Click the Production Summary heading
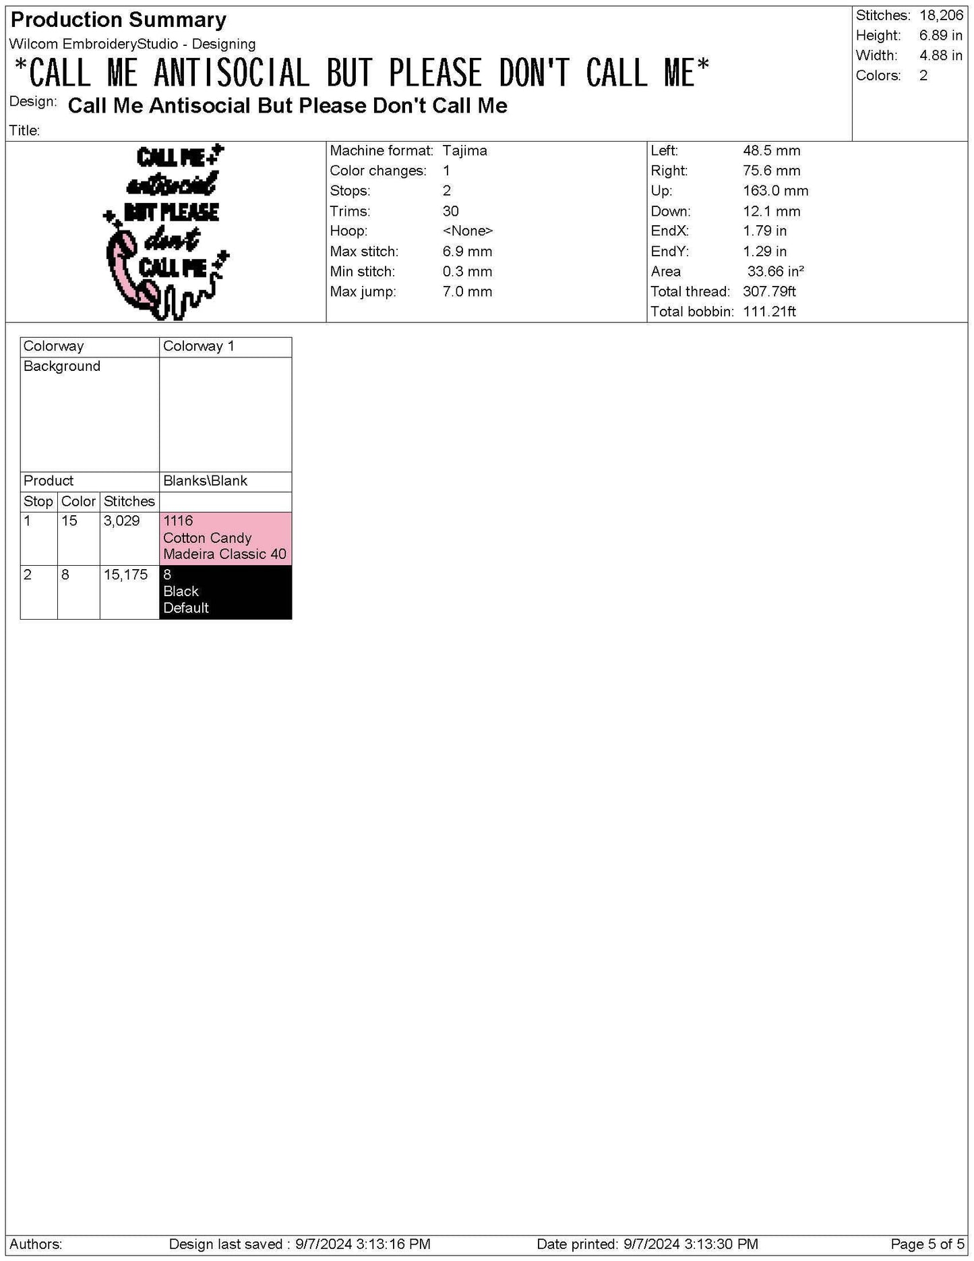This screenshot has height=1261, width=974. click(119, 20)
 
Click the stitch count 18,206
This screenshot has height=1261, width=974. click(941, 16)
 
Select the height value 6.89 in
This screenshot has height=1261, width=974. click(940, 36)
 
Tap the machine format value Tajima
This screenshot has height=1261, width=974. click(464, 151)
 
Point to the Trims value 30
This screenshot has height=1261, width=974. click(450, 211)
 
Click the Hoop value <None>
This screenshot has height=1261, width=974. click(467, 231)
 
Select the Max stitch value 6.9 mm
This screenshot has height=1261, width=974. click(467, 252)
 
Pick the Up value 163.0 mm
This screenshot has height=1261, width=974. click(775, 191)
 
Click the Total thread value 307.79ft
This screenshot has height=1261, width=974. click(769, 292)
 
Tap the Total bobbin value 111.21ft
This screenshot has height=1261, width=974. click(769, 312)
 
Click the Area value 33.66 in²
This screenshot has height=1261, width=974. click(775, 272)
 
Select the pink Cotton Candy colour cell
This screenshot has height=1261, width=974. click(225, 538)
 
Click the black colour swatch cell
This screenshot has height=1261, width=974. click(225, 591)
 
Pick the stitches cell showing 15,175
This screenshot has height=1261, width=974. click(126, 575)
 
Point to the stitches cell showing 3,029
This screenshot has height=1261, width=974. click(122, 521)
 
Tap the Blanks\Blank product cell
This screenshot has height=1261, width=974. click(205, 481)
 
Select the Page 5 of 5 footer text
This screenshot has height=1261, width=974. click(927, 1244)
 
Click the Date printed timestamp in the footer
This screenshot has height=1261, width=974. click(647, 1244)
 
